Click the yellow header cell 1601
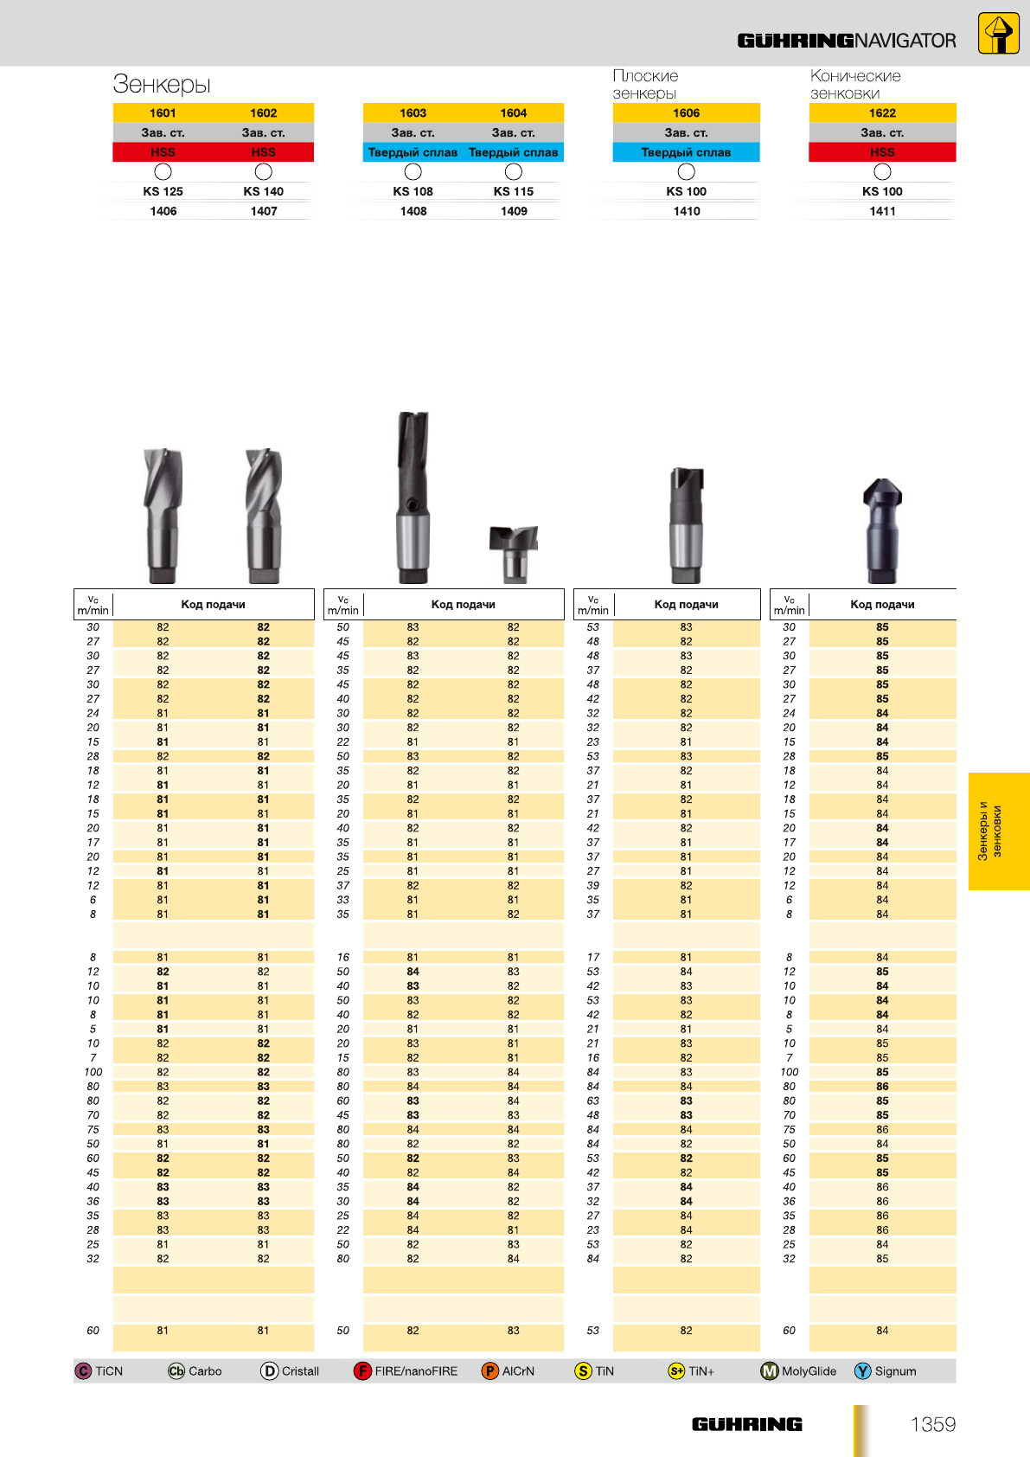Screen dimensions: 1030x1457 [163, 112]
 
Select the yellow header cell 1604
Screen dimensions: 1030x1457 [513, 112]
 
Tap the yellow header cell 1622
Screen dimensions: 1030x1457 [882, 112]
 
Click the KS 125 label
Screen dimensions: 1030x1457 [163, 191]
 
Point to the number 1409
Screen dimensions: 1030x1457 [514, 211]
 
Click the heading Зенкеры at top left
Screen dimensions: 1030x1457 [161, 84]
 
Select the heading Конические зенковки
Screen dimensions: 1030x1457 [855, 85]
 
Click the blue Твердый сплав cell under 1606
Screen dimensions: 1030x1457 [686, 152]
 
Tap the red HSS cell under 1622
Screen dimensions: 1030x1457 [882, 152]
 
